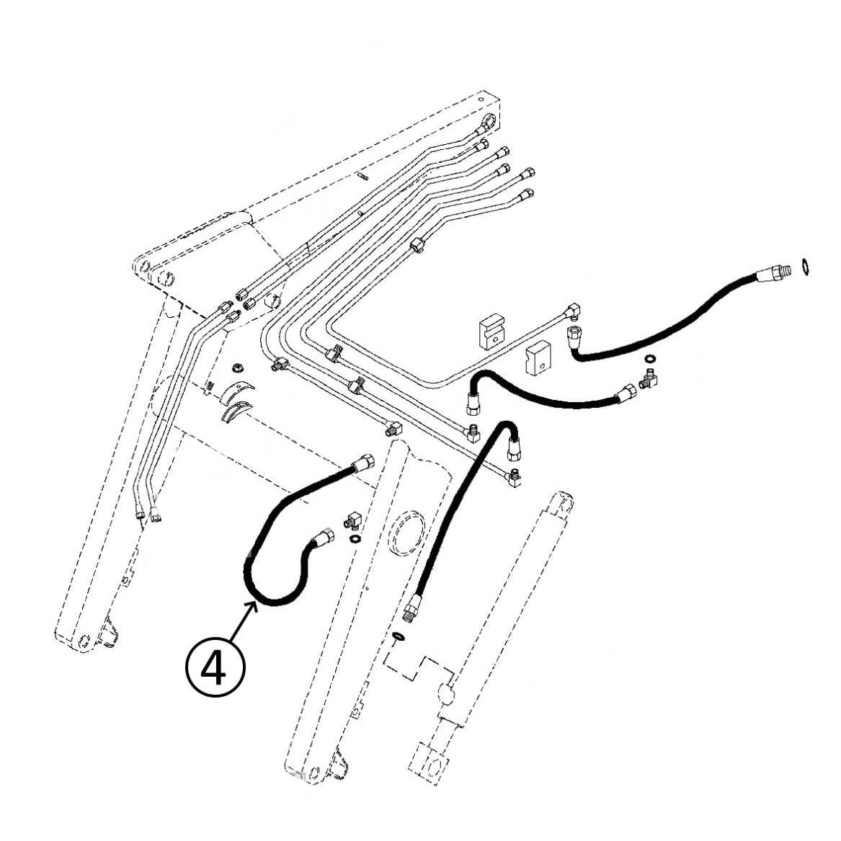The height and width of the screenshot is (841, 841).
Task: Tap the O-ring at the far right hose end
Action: click(805, 267)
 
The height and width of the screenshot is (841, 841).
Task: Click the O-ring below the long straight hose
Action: click(398, 636)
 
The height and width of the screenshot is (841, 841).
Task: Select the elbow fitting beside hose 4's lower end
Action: click(352, 519)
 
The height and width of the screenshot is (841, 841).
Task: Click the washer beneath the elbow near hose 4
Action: click(354, 538)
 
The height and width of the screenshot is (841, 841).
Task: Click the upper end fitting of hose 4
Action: click(364, 462)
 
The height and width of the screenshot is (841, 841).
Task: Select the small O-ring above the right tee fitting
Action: click(650, 358)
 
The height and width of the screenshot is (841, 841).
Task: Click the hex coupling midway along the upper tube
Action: click(417, 246)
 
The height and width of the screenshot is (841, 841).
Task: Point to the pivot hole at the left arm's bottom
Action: click(84, 641)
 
